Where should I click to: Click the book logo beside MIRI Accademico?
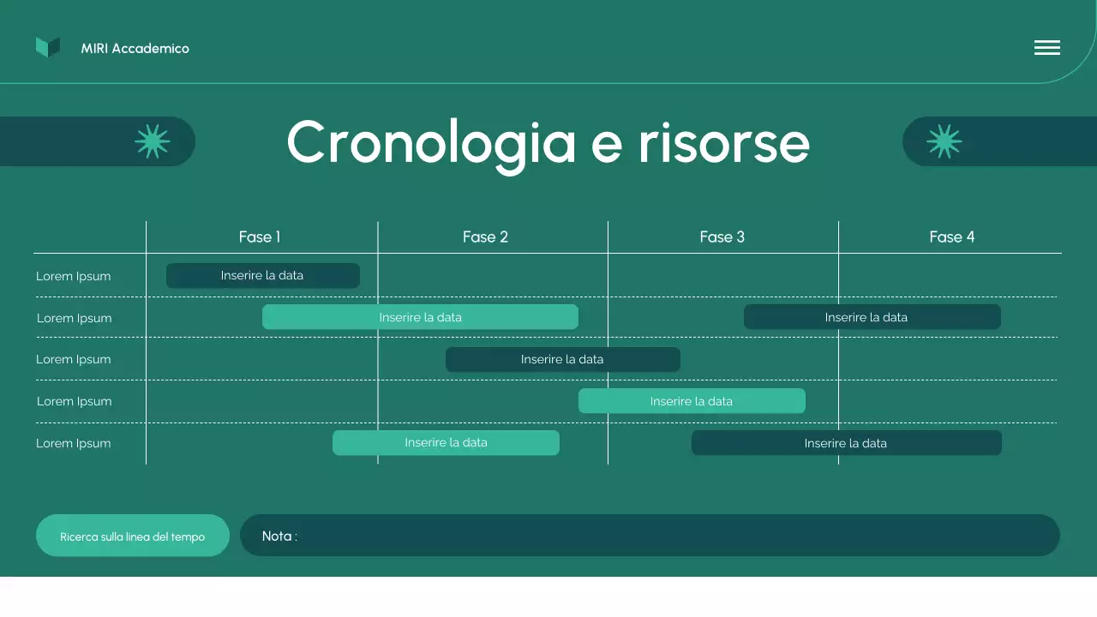tap(48, 48)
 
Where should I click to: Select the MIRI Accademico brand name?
tap(135, 49)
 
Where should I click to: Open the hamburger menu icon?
tap(1046, 48)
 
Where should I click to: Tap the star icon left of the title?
tap(153, 141)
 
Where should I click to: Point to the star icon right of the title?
tap(944, 141)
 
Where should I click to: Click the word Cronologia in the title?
tap(430, 142)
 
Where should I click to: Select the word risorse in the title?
tap(723, 142)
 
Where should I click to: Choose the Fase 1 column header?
tap(260, 237)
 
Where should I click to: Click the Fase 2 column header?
tap(485, 237)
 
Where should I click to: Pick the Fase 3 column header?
tap(722, 237)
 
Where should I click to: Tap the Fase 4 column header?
tap(951, 237)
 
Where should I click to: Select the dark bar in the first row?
tap(262, 276)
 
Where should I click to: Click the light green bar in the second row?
tap(420, 317)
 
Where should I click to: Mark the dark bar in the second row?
tap(872, 317)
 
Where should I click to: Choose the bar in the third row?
tap(562, 360)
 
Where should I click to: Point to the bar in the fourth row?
tap(691, 401)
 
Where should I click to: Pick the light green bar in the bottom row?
tap(446, 443)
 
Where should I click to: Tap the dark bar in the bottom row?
tap(846, 443)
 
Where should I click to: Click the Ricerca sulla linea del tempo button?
tap(133, 536)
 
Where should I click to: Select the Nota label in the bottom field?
tap(279, 536)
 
